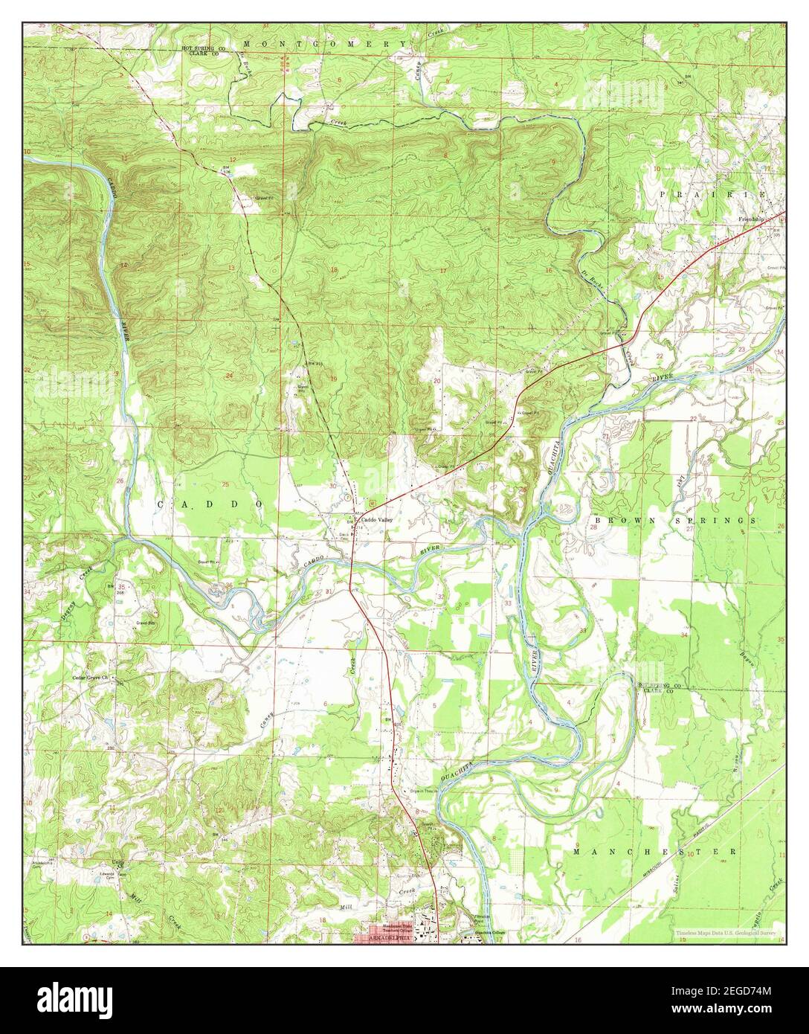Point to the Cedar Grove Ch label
coord(90,678)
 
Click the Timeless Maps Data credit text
coord(726,933)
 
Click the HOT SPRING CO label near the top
coord(204,48)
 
